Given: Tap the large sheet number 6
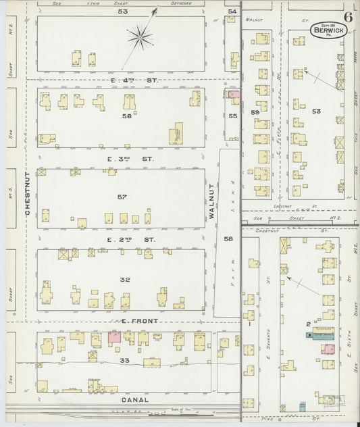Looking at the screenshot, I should (x=347, y=18).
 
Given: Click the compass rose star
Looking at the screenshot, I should (x=140, y=36).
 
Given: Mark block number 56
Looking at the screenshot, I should (x=126, y=116).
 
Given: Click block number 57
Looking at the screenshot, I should (x=122, y=197).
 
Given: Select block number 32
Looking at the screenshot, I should (x=125, y=279).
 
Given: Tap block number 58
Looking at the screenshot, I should (x=228, y=239).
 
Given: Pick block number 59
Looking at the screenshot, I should (x=255, y=111).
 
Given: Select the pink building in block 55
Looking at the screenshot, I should (x=234, y=95).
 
